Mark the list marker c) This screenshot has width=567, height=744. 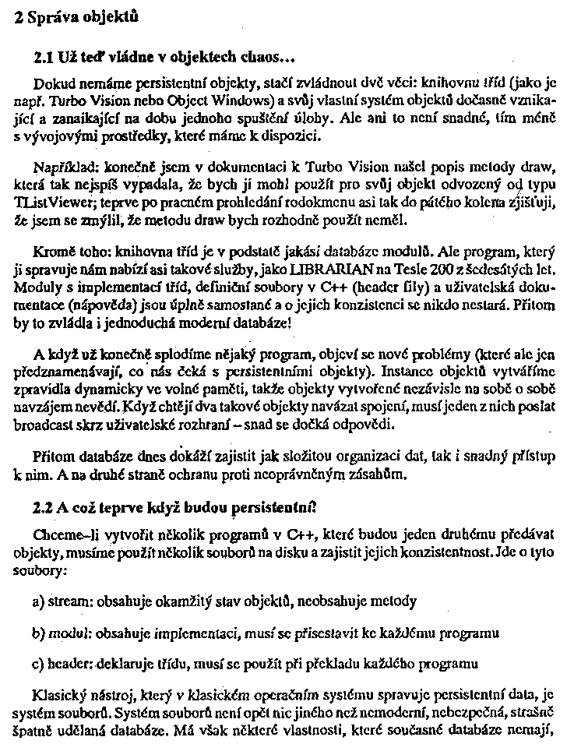pos(39,664)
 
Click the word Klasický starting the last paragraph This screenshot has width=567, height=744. pos(58,695)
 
